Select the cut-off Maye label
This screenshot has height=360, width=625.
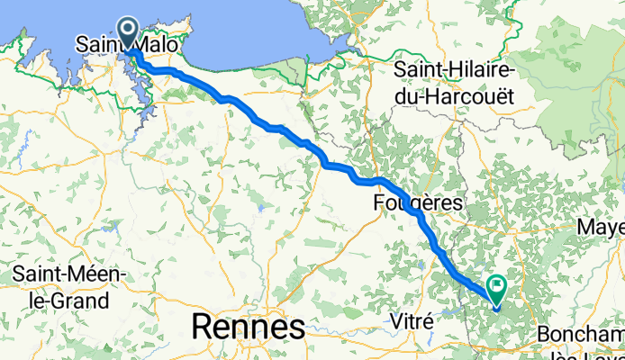tap(603, 225)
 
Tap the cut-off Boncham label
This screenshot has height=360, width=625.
tap(580, 335)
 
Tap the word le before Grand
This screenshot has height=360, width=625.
tap(37, 300)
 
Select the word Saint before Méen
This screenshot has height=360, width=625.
tap(44, 274)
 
